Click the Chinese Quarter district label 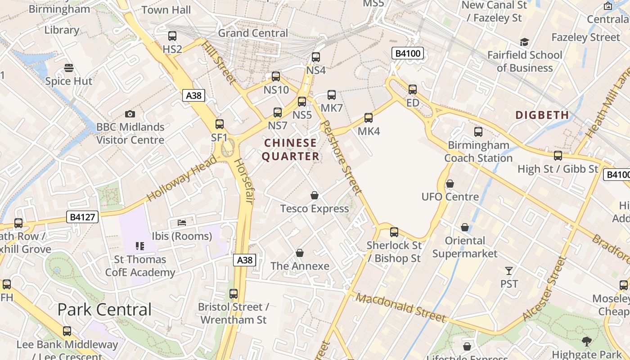click(291, 149)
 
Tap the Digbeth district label click(542, 115)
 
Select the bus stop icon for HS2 click(172, 36)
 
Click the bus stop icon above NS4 click(316, 57)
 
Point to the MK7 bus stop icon click(332, 95)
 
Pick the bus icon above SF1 click(220, 124)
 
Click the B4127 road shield click(82, 217)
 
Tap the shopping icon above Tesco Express click(315, 195)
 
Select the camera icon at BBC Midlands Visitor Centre click(130, 114)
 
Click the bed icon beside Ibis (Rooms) click(182, 222)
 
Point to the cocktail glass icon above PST click(509, 270)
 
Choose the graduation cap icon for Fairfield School click(524, 42)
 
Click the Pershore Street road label click(342, 157)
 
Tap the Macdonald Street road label click(401, 308)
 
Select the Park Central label click(104, 310)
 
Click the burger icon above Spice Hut click(68, 68)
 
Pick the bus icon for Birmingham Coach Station click(478, 132)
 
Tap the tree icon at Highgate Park click(587, 341)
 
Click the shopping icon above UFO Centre click(450, 184)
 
